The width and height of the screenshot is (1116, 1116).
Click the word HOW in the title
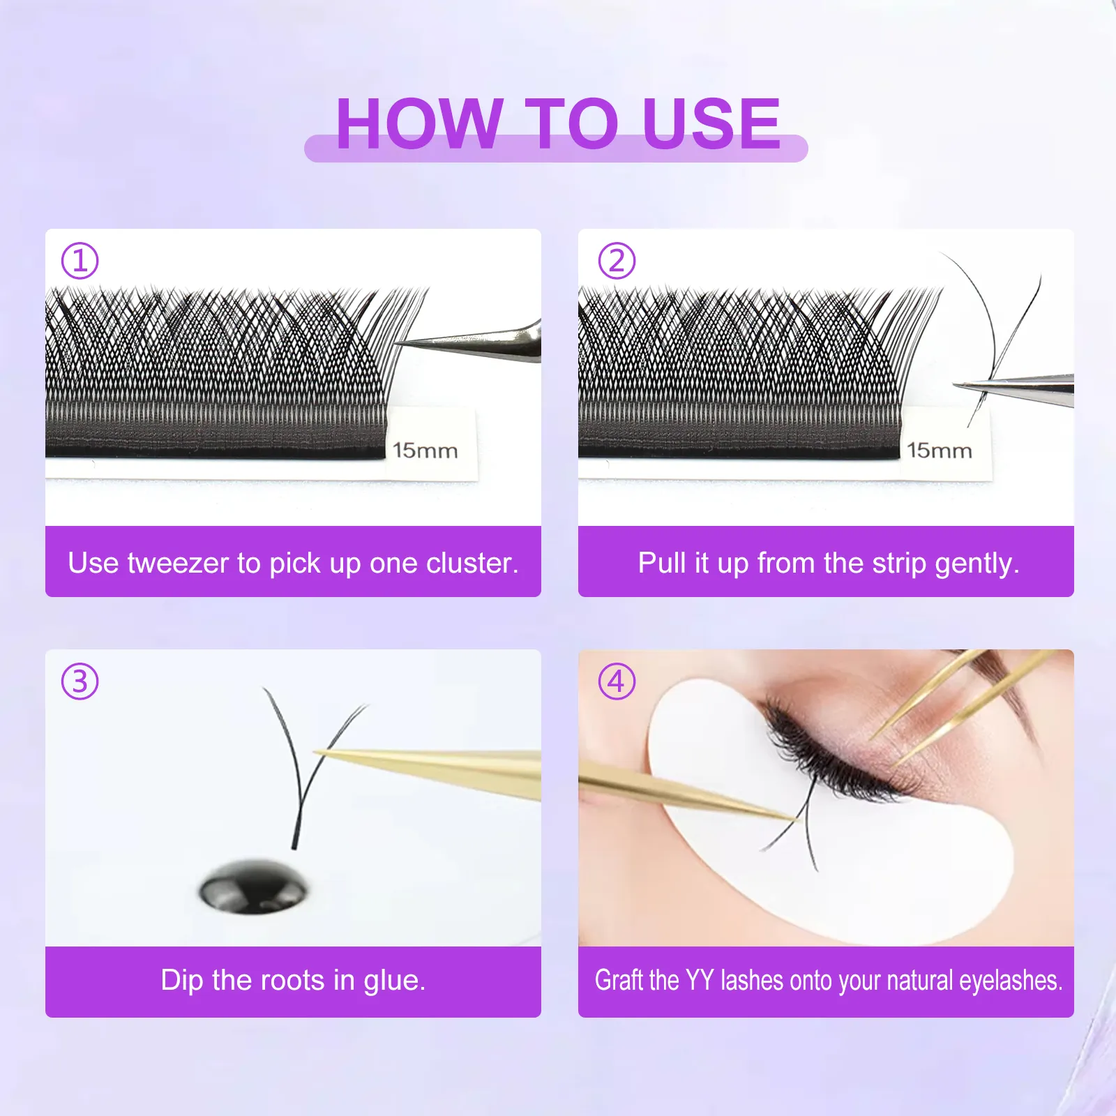click(418, 124)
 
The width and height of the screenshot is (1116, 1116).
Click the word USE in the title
click(711, 124)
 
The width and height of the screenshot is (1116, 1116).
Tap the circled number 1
click(80, 261)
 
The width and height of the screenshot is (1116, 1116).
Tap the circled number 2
click(617, 261)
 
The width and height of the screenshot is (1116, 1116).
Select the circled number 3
click(80, 681)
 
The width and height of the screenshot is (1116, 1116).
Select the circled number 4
click(617, 681)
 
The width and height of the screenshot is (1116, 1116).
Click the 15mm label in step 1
click(425, 451)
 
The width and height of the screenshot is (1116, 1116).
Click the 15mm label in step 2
click(939, 451)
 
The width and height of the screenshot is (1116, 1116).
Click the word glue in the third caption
click(394, 981)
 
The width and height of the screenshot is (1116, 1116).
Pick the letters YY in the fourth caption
click(700, 981)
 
